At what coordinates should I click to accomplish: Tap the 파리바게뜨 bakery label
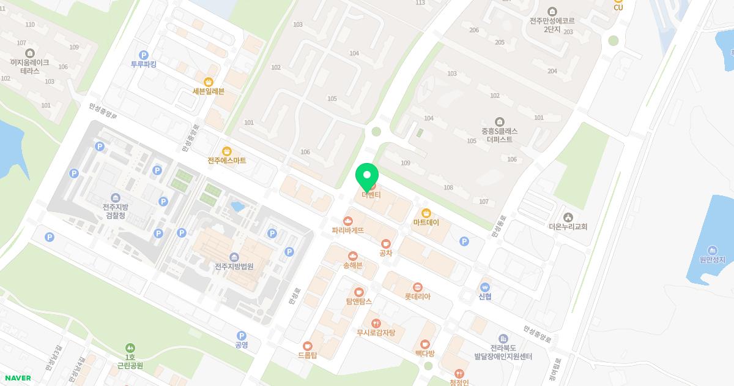click(x=348, y=230)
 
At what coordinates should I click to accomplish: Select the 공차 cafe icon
click(x=385, y=244)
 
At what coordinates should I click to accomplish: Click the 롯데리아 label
click(x=418, y=297)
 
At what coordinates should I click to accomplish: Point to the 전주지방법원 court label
click(x=234, y=267)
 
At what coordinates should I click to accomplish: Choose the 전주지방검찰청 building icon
click(x=116, y=197)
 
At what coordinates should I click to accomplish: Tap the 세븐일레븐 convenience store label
click(x=209, y=91)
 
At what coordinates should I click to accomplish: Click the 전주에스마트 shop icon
click(x=227, y=151)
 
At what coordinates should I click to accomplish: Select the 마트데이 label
click(x=426, y=222)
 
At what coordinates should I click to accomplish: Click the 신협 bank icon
click(x=485, y=287)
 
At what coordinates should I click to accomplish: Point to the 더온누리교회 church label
click(x=568, y=227)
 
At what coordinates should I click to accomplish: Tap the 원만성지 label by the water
click(x=712, y=260)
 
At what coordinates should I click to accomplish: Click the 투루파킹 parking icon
click(x=144, y=55)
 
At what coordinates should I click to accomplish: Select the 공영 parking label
click(x=242, y=344)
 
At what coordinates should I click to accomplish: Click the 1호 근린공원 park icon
click(x=130, y=347)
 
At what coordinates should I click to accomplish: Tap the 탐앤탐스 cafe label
click(x=359, y=301)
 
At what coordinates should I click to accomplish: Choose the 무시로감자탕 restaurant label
click(x=376, y=333)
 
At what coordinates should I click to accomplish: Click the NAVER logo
click(x=17, y=378)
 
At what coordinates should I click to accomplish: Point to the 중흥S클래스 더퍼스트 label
click(x=500, y=135)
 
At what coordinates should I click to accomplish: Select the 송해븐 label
click(x=353, y=265)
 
